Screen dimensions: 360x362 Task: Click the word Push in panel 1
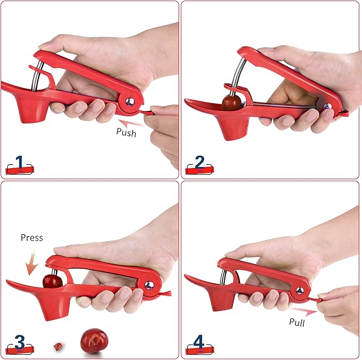coord(126,132)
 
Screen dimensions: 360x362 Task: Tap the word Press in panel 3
coord(31,237)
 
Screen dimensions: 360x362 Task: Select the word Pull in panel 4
coord(297,322)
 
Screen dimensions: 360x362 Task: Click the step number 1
coord(20,163)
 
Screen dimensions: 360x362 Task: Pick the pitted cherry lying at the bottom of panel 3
coord(93,340)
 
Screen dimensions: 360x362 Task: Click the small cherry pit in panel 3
coord(58,346)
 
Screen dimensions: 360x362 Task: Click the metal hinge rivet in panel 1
coord(130,100)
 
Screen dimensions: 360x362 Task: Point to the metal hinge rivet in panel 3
coord(149,285)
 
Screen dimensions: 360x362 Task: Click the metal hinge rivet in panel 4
coord(300,290)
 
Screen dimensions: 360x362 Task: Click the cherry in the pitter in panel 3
coord(52,280)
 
